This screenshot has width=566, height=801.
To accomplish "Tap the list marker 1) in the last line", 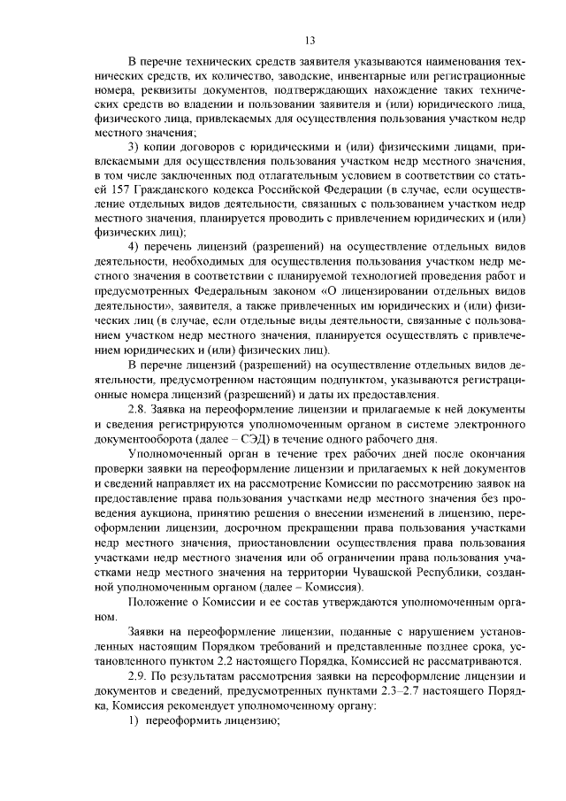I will (x=134, y=719).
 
